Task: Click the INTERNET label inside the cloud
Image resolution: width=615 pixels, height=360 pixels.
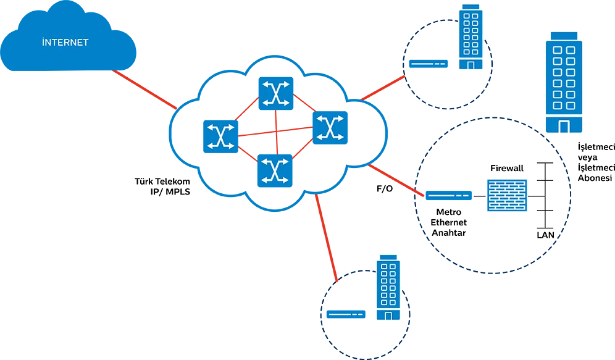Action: tap(65, 42)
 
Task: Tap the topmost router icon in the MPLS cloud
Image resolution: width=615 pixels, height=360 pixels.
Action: tap(276, 93)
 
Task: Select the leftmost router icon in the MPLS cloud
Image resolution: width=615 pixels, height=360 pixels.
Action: tap(220, 136)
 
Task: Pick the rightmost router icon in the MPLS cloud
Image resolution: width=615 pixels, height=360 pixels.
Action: tap(330, 127)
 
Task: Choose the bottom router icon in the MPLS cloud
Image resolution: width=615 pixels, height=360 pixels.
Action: tap(275, 170)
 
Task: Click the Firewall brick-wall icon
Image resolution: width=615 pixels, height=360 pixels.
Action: tap(507, 195)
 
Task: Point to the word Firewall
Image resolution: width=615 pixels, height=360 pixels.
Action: tap(507, 168)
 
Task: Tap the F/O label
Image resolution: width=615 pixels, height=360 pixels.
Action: tap(384, 188)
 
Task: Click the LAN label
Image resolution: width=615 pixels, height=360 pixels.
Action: tap(545, 235)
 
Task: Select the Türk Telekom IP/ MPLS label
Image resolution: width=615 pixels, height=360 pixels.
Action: tap(162, 186)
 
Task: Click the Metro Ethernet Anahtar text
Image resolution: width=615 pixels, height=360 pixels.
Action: tap(449, 222)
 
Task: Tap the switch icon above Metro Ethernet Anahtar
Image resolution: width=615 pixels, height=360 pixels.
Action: tap(449, 195)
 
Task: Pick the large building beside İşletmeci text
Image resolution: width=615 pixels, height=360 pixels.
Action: tap(564, 82)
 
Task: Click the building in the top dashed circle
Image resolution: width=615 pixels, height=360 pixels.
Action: tap(471, 37)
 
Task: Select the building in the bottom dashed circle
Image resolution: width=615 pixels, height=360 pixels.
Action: tap(388, 288)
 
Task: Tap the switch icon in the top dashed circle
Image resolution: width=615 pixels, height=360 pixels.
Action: tap(429, 64)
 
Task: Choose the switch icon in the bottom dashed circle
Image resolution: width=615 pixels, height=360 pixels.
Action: tap(346, 314)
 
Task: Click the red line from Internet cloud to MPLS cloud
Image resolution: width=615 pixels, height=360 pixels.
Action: tap(144, 90)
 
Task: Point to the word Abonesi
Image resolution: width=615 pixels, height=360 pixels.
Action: tap(595, 178)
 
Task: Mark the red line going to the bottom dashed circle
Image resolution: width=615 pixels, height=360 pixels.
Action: tap(326, 238)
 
